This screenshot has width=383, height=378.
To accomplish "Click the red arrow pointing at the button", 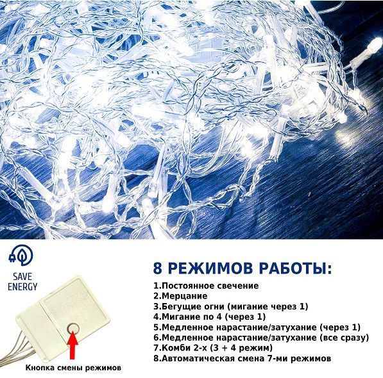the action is (73, 345).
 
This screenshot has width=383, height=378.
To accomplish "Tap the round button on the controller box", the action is (73, 328).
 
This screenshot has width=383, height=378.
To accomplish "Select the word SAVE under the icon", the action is (22, 277).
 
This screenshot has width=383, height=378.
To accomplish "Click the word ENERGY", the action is (22, 286).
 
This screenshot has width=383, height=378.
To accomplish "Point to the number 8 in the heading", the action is (158, 268).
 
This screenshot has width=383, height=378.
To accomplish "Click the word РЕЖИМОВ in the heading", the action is (210, 268).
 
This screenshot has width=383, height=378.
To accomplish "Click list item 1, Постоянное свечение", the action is (206, 286).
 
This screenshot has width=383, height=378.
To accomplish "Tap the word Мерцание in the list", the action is (184, 296).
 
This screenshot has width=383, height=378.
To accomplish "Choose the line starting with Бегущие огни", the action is (231, 306).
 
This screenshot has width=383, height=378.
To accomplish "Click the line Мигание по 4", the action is (209, 316).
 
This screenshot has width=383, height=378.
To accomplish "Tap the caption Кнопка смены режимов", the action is (73, 368).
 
